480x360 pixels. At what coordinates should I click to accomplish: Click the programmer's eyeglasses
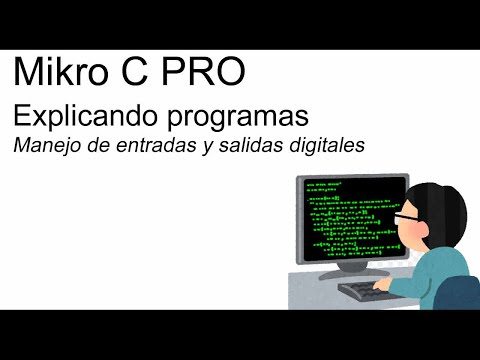click(x=406, y=217)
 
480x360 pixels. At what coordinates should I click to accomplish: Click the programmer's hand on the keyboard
click(x=384, y=286)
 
